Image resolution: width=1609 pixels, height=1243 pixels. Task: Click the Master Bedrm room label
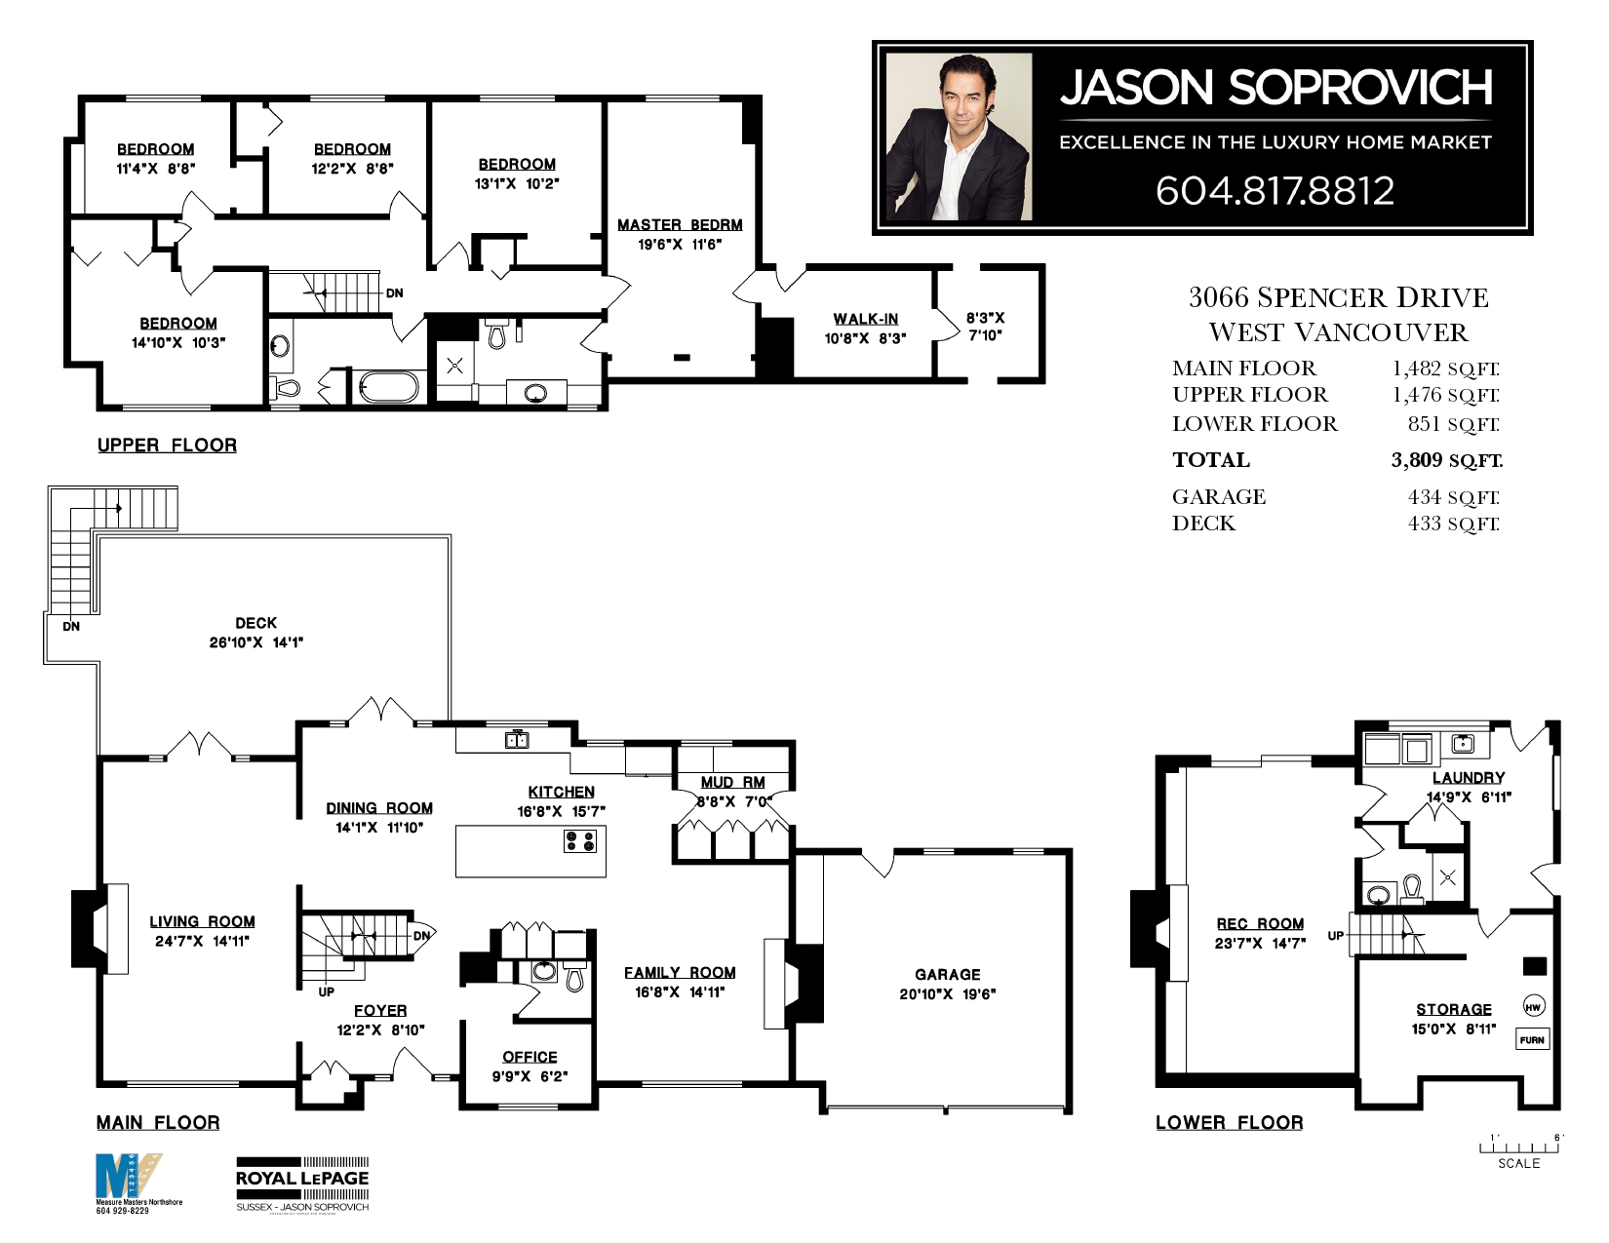(680, 225)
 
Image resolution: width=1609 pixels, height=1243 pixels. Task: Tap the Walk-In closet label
(865, 319)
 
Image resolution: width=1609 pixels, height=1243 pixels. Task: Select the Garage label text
(947, 974)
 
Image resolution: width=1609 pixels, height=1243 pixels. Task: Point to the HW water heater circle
(1533, 1007)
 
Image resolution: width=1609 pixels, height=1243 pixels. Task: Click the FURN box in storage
(1532, 1040)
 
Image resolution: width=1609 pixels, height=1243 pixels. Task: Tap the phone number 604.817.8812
(1275, 191)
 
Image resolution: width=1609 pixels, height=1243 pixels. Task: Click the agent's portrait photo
(959, 137)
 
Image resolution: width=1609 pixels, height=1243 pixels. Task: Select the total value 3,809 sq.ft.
(1446, 460)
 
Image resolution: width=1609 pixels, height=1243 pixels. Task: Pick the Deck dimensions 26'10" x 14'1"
(256, 642)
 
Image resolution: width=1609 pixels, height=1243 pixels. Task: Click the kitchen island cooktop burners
(579, 840)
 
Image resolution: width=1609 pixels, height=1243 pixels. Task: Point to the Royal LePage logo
(302, 1183)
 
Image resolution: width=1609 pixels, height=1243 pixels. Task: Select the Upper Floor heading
(167, 446)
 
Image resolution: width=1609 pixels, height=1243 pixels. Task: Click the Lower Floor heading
(1229, 1123)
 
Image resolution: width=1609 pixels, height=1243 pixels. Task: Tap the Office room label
(530, 1057)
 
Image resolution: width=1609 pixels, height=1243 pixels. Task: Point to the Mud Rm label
(732, 782)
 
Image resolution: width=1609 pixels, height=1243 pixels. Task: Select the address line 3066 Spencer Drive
(1338, 297)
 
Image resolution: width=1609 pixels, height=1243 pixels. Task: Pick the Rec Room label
(1260, 923)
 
